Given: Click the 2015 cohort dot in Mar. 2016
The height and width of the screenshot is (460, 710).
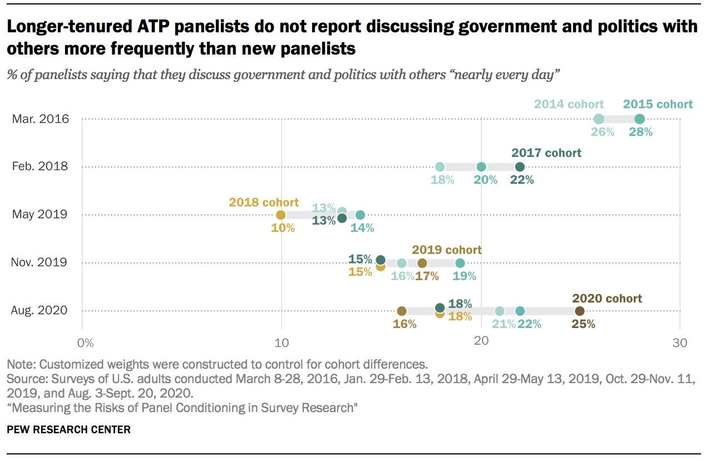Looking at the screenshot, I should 639,119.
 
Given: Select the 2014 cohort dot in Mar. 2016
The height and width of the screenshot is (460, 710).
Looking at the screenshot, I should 599,119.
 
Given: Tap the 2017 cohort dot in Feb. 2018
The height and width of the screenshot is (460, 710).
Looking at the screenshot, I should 520,167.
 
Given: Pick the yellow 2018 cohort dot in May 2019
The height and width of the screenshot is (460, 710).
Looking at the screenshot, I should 281,215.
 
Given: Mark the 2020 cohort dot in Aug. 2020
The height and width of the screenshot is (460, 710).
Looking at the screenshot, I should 580,311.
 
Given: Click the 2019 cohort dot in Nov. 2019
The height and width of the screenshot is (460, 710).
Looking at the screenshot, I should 422,263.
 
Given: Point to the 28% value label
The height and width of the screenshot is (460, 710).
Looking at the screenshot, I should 640,133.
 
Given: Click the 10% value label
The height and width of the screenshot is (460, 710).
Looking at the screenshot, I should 283,228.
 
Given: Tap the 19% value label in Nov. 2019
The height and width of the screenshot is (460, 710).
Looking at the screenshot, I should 464,276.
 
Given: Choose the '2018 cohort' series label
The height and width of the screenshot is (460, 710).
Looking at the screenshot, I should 264,202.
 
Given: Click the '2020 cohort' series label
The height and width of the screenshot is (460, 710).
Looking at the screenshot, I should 607,298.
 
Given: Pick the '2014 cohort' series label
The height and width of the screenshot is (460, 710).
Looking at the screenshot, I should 569,104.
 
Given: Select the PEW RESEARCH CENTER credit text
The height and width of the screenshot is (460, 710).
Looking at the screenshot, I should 68,429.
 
